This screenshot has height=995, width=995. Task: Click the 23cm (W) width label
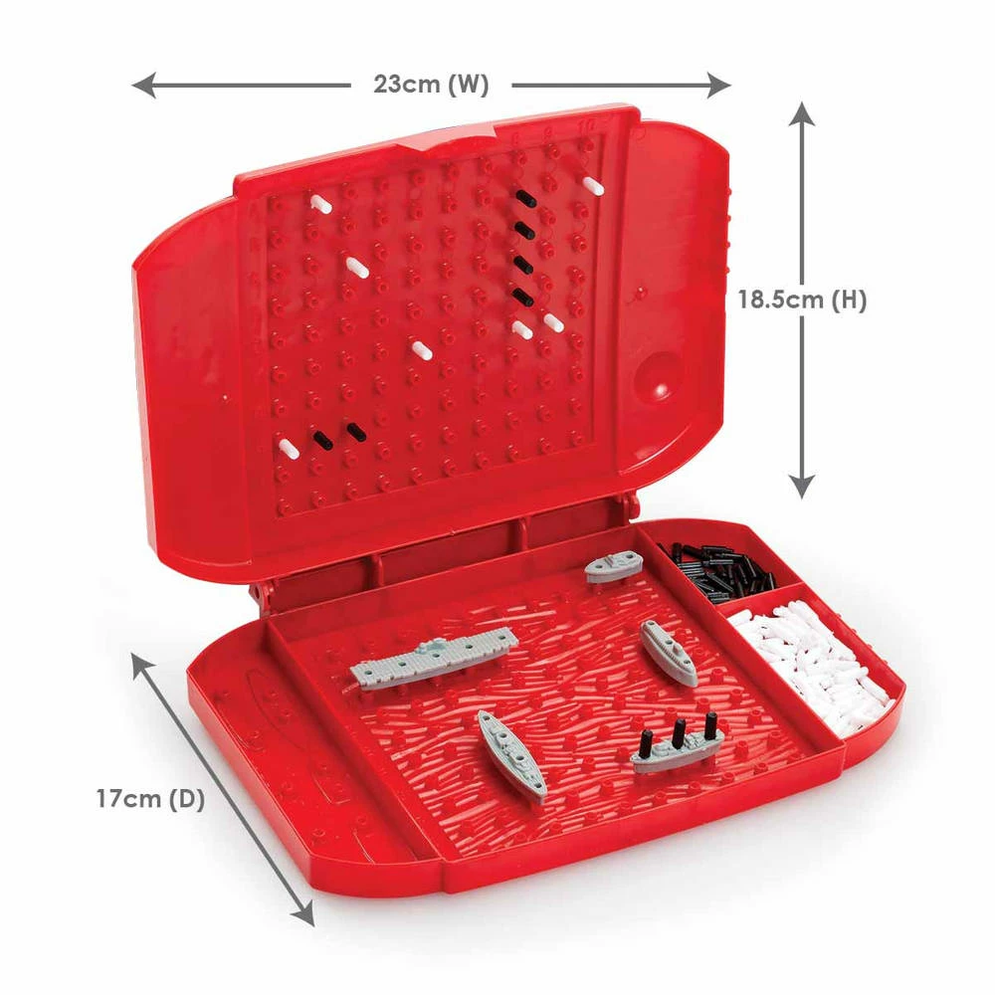tap(431, 84)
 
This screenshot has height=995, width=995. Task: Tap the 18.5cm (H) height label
tap(801, 298)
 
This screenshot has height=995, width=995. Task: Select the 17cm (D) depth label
tap(150, 798)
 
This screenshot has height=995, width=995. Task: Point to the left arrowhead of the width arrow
tap(143, 85)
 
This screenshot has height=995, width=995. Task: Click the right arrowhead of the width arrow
tap(719, 85)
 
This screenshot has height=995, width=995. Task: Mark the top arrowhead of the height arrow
tap(803, 113)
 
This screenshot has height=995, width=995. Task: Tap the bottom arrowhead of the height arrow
tap(803, 487)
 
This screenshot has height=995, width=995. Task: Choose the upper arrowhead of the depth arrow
tap(141, 664)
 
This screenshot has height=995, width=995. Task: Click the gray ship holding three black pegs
tap(677, 749)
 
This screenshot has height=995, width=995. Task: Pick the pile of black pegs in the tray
tap(717, 568)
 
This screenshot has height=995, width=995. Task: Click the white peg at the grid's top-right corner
tap(594, 185)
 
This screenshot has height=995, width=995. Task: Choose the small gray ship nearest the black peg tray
tap(614, 567)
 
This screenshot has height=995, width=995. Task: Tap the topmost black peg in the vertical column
tap(526, 199)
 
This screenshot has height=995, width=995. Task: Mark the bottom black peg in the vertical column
tap(523, 296)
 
